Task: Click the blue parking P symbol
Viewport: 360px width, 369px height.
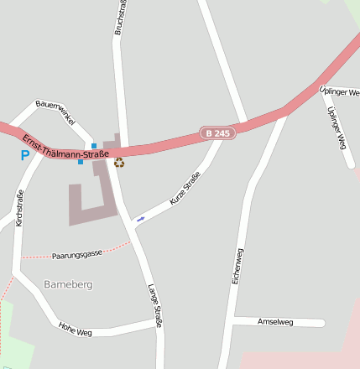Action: click(x=24, y=155)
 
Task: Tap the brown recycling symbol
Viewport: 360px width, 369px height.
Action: click(x=119, y=163)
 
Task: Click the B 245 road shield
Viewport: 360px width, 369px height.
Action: click(x=217, y=133)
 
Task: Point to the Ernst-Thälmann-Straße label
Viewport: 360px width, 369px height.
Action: click(x=65, y=148)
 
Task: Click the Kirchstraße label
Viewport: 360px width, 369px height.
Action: click(x=19, y=208)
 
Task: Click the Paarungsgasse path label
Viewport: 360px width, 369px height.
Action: click(x=76, y=253)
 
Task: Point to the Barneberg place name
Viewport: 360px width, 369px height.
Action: click(x=68, y=285)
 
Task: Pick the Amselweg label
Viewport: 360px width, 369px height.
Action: click(x=276, y=322)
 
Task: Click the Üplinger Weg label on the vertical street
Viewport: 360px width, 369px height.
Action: click(x=337, y=128)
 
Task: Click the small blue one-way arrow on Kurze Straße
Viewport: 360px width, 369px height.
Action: click(x=140, y=219)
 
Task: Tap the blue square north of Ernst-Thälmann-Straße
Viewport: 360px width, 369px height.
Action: click(x=94, y=146)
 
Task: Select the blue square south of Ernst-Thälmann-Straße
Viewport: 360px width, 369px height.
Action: click(x=81, y=162)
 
